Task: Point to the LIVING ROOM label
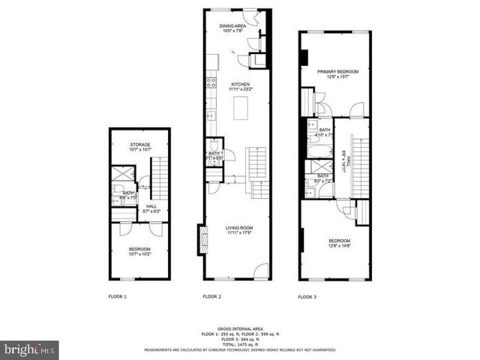240,229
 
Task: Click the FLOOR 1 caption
117,297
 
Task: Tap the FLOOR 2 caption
212,297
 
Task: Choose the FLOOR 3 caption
307,297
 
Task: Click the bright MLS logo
30,349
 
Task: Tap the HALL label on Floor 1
151,208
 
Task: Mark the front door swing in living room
261,271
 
